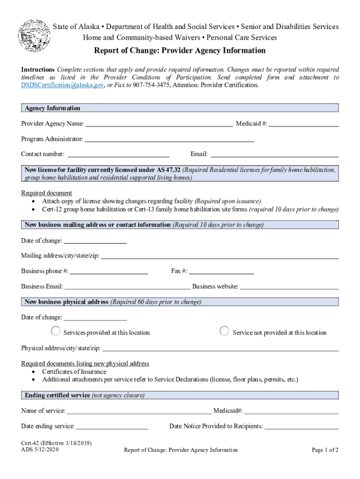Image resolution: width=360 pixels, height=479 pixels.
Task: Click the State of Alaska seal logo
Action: pyautogui.click(x=34, y=36)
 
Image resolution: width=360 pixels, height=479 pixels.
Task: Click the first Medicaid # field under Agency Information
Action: pyautogui.click(x=303, y=123)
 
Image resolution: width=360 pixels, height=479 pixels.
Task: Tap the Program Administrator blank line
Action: pyautogui.click(x=169, y=138)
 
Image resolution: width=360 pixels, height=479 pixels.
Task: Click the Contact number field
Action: pyautogui.click(x=118, y=153)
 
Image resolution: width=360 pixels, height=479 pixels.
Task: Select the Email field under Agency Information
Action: pyautogui.click(x=275, y=153)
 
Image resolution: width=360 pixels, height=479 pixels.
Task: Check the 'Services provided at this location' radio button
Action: pyautogui.click(x=56, y=332)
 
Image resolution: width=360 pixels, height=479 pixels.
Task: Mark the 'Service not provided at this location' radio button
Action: pyautogui.click(x=224, y=332)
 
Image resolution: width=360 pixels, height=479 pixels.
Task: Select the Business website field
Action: pyautogui.click(x=289, y=286)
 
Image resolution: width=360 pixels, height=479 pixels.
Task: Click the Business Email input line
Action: pyautogui.click(x=127, y=286)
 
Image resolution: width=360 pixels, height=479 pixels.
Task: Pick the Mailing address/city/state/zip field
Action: pyautogui.click(x=220, y=255)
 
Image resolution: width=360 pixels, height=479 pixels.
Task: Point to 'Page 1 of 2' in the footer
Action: pyautogui.click(x=325, y=450)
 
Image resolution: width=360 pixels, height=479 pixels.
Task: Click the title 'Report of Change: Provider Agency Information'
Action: pyautogui.click(x=180, y=51)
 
